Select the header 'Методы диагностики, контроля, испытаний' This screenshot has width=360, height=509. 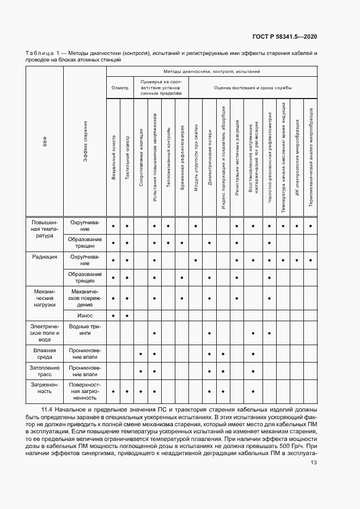[x=211, y=71]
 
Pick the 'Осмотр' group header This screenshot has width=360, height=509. [x=120, y=87]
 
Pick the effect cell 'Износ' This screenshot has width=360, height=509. [x=84, y=315]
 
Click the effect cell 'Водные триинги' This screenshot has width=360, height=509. [x=84, y=329]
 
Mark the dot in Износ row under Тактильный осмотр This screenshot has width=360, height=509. [x=127, y=316]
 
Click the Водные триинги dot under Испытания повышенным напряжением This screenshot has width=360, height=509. [x=155, y=333]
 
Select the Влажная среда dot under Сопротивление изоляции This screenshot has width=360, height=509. [x=141, y=354]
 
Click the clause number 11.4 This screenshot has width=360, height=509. [x=47, y=408]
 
